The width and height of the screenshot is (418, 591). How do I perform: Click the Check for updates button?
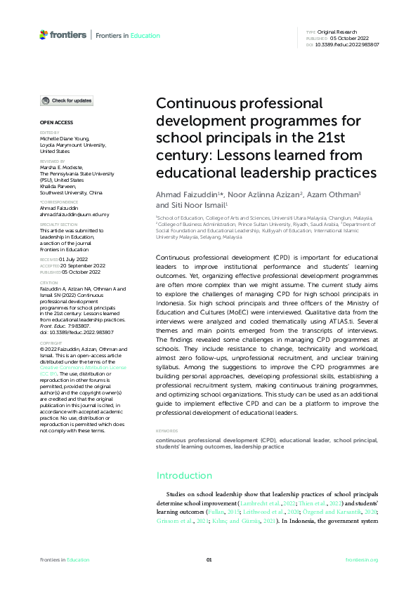click(x=66, y=101)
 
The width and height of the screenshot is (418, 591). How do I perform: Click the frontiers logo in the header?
click(x=63, y=34)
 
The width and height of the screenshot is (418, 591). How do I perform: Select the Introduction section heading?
click(x=184, y=475)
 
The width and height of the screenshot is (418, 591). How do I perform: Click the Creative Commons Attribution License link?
click(x=83, y=366)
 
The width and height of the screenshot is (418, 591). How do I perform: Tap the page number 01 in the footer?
click(x=209, y=559)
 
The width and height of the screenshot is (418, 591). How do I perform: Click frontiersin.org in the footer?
click(x=362, y=559)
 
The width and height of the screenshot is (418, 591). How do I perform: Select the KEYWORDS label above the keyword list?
click(x=166, y=431)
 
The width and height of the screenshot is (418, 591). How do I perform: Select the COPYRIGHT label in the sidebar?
click(x=51, y=343)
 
